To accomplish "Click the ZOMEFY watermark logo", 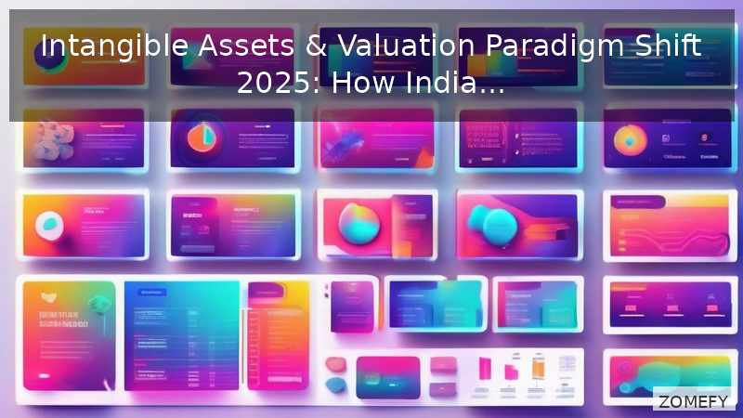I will point(693,401).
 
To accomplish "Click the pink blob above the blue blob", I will point(336,364).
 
